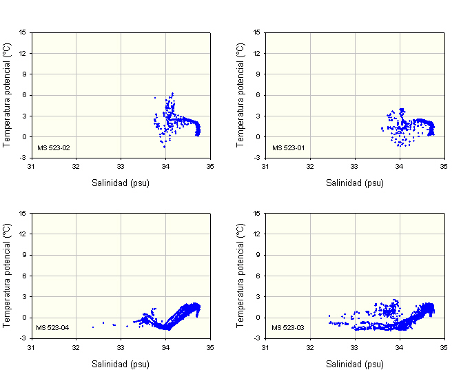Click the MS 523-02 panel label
53,147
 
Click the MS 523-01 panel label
287,147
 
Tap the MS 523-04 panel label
53,327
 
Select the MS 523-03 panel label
287,327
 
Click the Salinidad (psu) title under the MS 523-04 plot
121,363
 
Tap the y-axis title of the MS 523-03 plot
241,275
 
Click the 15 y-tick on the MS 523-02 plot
23,32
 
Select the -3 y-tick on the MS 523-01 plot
258,158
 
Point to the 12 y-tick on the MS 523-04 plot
23,234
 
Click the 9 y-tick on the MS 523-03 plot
260,255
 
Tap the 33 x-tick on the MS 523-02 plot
121,167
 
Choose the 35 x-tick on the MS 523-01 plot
444,167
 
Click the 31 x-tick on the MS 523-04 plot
31,347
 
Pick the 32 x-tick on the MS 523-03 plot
310,347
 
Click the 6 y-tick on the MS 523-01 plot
260,95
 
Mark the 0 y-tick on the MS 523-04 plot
25,318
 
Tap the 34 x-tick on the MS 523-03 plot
399,347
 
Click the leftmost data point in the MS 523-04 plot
93,327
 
